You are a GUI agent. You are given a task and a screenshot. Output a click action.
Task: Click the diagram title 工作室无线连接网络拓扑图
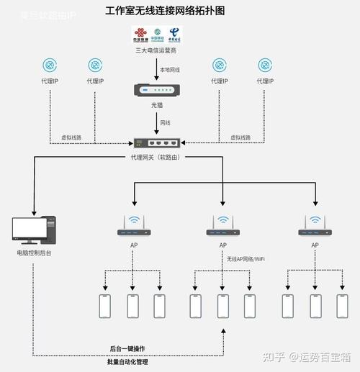click(165, 11)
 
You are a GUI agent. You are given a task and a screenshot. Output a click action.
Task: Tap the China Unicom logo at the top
click(140, 35)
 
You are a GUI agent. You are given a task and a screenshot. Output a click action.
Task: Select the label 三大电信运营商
click(158, 51)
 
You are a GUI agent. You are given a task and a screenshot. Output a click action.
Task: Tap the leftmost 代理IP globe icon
click(49, 65)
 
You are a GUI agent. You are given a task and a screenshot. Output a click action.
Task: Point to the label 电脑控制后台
click(33, 253)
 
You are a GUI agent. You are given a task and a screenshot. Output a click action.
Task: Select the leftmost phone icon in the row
click(104, 306)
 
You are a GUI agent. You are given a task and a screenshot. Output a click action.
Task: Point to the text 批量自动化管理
click(127, 362)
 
